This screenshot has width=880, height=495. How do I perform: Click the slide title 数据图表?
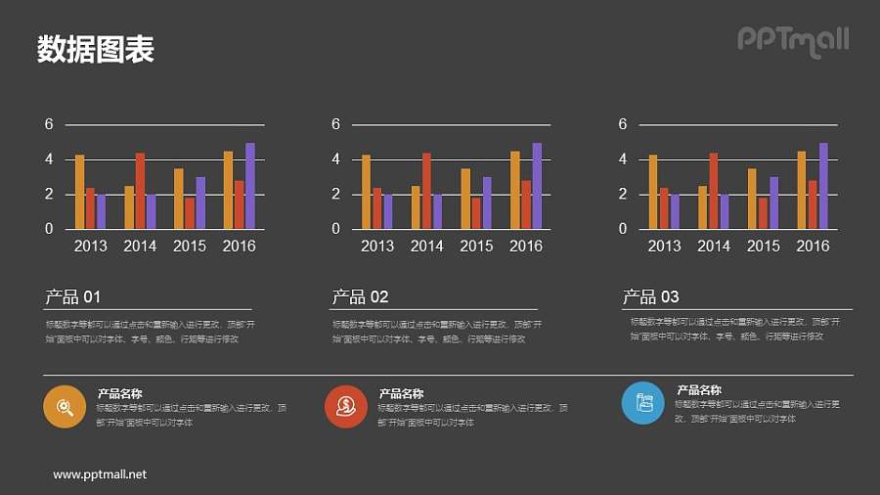click(x=96, y=50)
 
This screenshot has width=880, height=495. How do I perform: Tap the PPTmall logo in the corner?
click(x=792, y=40)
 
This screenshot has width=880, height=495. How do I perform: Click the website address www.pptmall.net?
click(x=100, y=474)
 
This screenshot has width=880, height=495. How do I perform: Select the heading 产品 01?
click(x=73, y=297)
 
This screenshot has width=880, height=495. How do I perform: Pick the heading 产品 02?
click(x=361, y=297)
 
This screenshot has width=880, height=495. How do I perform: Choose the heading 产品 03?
click(x=651, y=297)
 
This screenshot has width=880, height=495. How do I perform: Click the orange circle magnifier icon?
click(x=65, y=406)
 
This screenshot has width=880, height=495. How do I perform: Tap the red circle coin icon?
click(x=345, y=406)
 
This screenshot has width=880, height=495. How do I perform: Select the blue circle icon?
click(x=642, y=402)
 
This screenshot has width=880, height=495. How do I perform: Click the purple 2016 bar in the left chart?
click(x=250, y=186)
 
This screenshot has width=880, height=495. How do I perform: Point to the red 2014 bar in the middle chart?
click(x=426, y=191)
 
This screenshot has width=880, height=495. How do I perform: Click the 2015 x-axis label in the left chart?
click(x=190, y=247)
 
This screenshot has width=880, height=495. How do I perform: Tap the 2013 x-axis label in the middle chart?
click(x=377, y=247)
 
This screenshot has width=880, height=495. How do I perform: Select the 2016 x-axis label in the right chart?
click(x=813, y=247)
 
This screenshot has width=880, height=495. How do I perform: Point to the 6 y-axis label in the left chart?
click(x=49, y=124)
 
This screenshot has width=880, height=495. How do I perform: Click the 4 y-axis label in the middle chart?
click(x=335, y=158)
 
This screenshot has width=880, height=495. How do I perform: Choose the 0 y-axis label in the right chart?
click(x=623, y=229)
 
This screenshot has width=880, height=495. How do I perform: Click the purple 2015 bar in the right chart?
click(x=773, y=202)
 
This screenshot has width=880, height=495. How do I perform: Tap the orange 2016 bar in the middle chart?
click(x=515, y=190)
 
